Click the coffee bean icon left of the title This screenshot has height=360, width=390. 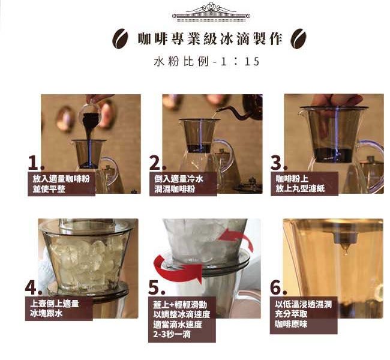[x=120, y=39]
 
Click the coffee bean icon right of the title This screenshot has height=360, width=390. [x=299, y=39]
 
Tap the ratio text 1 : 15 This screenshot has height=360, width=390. [x=240, y=62]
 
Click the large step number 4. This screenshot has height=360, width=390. [x=34, y=287]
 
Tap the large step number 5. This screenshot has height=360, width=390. [x=156, y=287]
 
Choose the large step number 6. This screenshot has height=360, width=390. [x=278, y=287]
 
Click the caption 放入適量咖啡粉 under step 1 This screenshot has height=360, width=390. [x=61, y=179]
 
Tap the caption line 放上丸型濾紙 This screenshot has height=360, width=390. [x=300, y=188]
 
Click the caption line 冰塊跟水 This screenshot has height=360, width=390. [x=46, y=313]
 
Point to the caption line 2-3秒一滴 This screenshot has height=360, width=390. [x=172, y=334]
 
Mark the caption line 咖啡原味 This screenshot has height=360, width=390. [x=291, y=324]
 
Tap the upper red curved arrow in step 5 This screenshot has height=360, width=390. [x=236, y=238]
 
